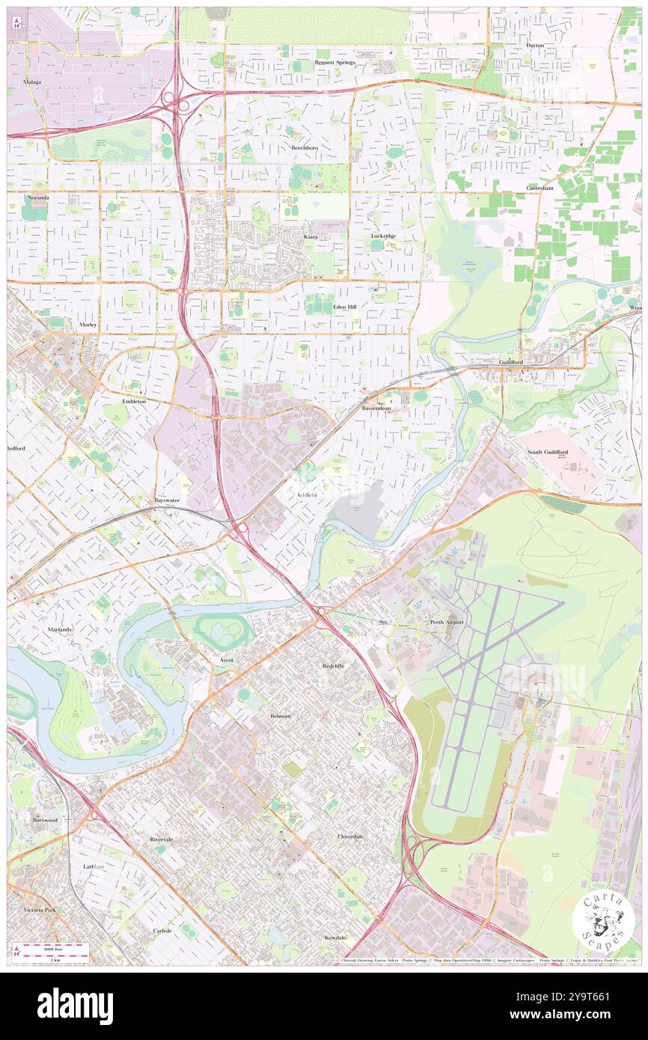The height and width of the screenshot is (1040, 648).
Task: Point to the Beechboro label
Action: point(305,147)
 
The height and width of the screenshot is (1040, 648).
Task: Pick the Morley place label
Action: point(88,325)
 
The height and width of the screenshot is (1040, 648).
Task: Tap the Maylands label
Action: point(60,629)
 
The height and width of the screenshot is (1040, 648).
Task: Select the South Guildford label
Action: point(545,452)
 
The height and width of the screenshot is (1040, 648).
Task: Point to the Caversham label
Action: point(539,188)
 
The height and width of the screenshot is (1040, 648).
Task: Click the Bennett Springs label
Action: point(334,62)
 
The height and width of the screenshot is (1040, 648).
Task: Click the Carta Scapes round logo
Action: point(603,921)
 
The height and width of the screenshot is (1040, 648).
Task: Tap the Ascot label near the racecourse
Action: point(227,660)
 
